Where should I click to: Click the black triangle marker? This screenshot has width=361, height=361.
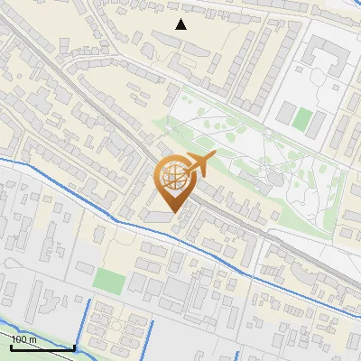tap(180, 24)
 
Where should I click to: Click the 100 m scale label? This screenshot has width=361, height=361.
tap(23, 338)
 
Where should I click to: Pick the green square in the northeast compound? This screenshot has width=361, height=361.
tap(304, 117)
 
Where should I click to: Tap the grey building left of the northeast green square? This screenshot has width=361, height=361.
tap(285, 114)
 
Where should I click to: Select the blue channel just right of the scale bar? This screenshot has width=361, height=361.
tap(87, 326)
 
